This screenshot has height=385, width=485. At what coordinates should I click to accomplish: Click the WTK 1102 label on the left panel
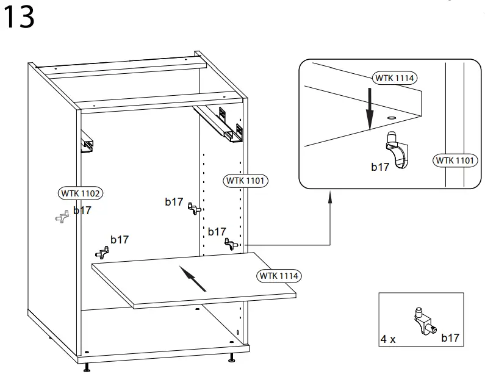coord(81,193)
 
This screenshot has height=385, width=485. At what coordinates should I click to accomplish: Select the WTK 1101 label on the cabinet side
coord(246,181)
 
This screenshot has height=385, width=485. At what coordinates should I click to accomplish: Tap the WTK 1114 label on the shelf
coord(279,276)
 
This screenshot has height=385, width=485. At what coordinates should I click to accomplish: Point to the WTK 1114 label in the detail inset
coord(395,78)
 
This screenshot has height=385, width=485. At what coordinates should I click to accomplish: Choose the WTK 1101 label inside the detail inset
coord(454,160)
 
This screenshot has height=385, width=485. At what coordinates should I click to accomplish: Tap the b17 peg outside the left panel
coord(61,217)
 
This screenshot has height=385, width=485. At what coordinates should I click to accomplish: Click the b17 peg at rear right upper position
coord(193,208)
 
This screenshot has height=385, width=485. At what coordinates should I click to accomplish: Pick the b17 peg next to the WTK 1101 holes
coord(231,244)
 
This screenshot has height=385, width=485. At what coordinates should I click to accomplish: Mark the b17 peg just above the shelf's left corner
coord(103,252)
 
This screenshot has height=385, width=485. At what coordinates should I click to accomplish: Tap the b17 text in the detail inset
coord(380,167)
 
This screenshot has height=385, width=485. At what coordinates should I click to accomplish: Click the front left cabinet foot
coord(87,367)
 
